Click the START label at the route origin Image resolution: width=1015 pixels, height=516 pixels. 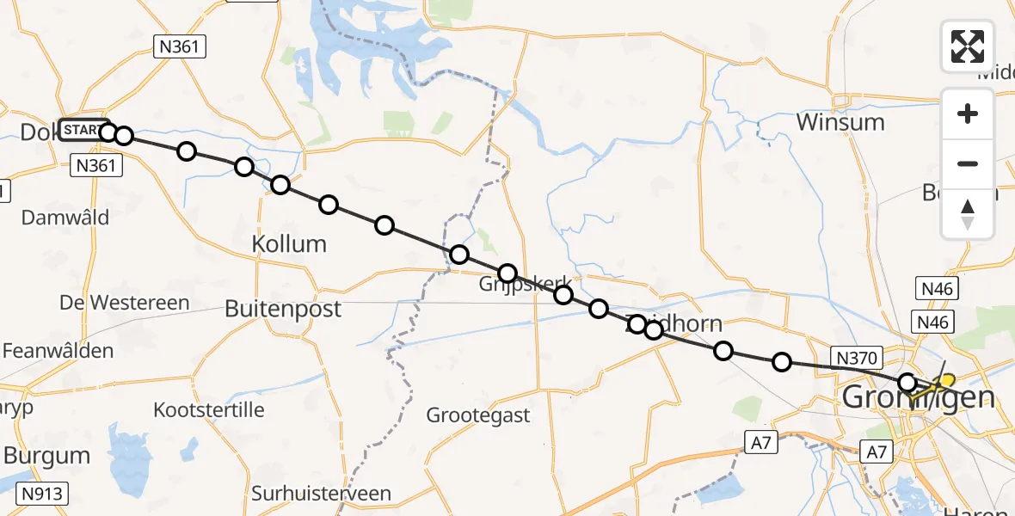point(83,130)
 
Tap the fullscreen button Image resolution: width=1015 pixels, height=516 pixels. point(968,46)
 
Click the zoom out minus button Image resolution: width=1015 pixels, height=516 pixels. point(968,163)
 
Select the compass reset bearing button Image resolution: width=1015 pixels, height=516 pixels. point(968,213)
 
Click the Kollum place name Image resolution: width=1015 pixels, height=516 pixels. point(289,244)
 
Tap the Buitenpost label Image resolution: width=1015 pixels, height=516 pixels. point(283,309)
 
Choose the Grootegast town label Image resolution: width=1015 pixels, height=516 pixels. point(478,415)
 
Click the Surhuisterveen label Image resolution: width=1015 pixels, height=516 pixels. point(321,494)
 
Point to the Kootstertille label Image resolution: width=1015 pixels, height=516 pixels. point(208,409)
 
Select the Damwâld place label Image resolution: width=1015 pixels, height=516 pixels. point(65,218)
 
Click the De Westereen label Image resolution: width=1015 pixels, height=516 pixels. point(125,303)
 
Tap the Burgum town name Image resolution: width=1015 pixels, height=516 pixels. point(46,455)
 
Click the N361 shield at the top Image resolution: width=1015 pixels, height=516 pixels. point(180,46)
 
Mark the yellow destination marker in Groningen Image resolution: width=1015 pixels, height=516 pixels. point(945,381)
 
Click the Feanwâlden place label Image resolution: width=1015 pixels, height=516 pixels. point(58,351)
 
